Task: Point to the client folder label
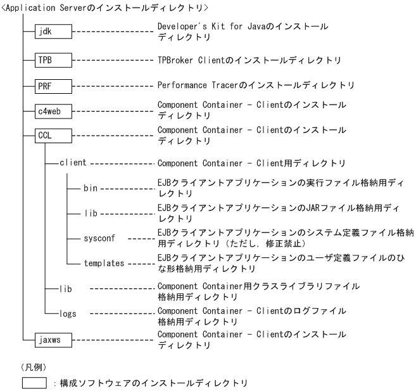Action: tap(73, 162)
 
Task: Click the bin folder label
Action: tap(90, 188)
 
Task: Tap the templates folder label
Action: tap(104, 262)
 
